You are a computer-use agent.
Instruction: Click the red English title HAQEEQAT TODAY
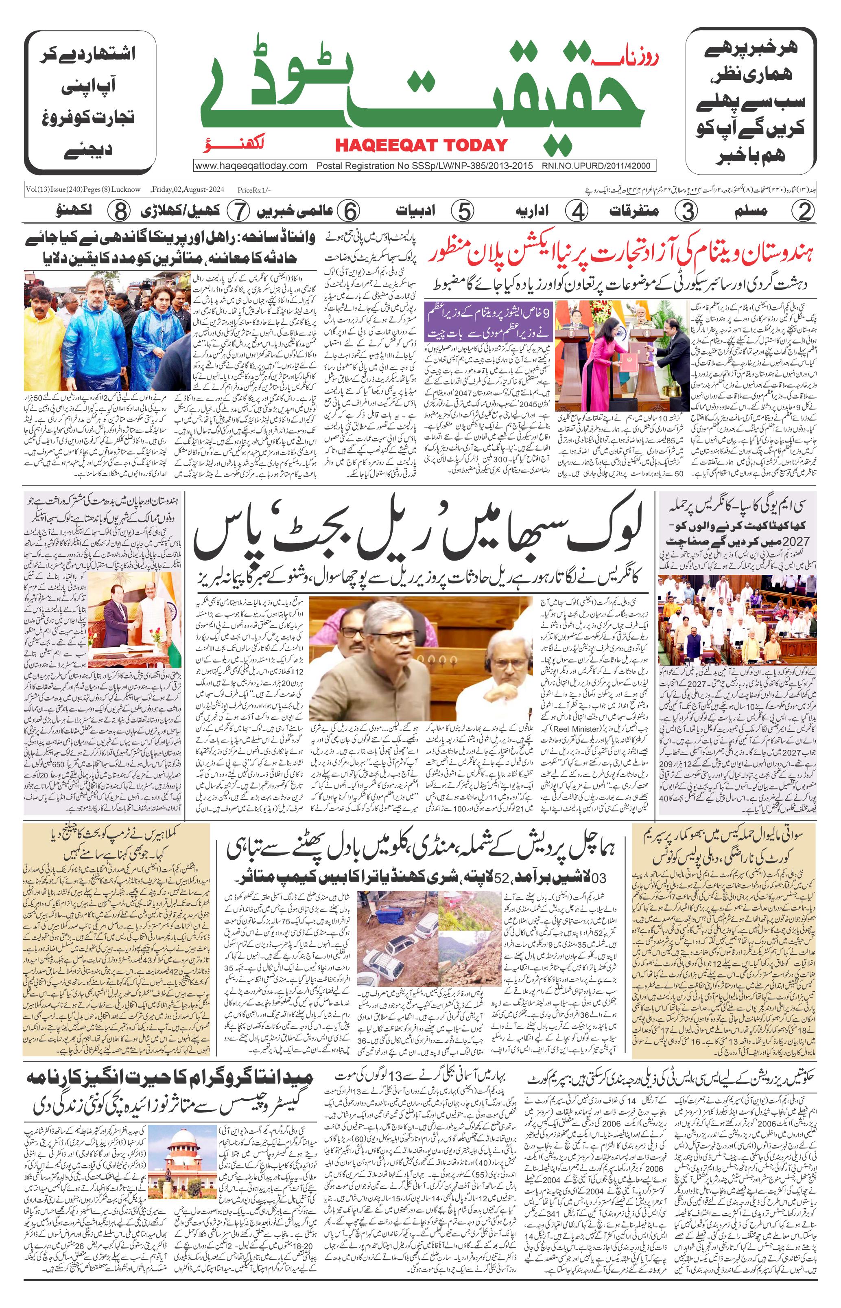(x=421, y=145)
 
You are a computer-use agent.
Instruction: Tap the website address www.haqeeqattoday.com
(x=251, y=166)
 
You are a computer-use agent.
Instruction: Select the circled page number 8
(x=118, y=211)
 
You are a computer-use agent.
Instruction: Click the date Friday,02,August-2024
(x=189, y=190)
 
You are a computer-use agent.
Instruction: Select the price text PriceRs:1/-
(x=254, y=190)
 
